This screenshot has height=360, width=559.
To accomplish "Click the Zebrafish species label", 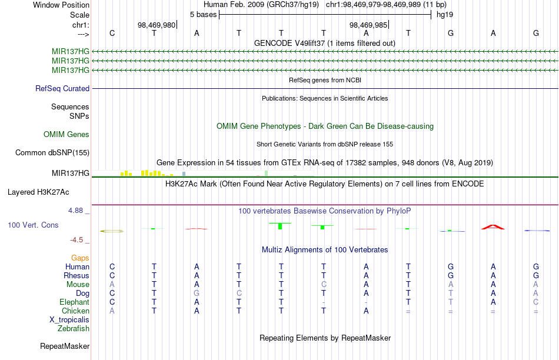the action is click(74, 329).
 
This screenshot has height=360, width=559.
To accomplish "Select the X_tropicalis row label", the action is click(69, 320).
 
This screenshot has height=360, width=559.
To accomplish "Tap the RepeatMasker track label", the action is click(65, 346).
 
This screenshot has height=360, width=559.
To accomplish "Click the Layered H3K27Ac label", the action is click(38, 192).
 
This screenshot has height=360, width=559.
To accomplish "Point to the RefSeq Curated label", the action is click(62, 88).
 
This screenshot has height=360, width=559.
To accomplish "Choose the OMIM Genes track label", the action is click(66, 134).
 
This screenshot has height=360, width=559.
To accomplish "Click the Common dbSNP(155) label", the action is click(52, 152).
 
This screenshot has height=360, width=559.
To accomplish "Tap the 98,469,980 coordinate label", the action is click(157, 25).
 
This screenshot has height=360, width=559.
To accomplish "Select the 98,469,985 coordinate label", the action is click(368, 25).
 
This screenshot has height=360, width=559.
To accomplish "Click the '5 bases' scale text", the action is click(203, 15).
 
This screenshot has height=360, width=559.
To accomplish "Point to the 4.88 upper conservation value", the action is click(75, 211).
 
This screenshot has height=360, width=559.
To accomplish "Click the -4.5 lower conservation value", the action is click(76, 240).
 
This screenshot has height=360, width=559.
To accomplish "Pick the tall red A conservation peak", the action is click(493, 227).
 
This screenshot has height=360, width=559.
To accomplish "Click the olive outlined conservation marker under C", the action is click(112, 231).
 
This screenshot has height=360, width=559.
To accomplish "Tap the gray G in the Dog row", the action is click(197, 294).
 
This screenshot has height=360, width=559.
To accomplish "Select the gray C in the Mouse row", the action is click(324, 285).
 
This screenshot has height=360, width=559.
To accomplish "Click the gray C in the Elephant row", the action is click(536, 302).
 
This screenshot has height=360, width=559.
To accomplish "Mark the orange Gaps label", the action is click(80, 258).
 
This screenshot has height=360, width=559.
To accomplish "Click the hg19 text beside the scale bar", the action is click(445, 15).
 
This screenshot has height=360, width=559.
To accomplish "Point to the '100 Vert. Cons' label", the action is click(33, 225).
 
